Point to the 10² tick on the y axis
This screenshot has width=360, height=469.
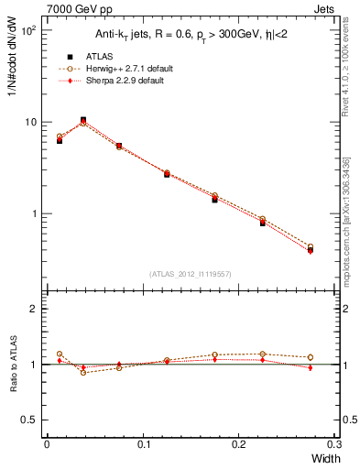(27, 30)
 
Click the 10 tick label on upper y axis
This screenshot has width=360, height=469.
(29, 122)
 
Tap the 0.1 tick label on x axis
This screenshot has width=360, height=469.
(143, 443)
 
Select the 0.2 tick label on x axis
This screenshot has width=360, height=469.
(239, 443)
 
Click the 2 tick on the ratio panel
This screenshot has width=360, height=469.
(34, 310)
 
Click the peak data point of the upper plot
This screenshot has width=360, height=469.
(83, 120)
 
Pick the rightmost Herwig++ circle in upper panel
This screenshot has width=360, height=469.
(311, 246)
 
